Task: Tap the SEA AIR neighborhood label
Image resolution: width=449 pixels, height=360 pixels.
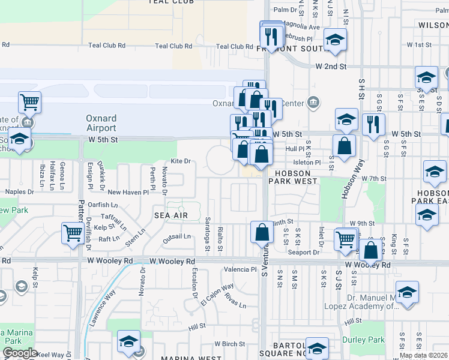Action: pyautogui.click(x=171, y=215)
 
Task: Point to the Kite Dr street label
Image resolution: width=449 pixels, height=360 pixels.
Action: pyautogui.click(x=180, y=161)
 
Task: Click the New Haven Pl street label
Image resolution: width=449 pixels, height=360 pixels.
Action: pyautogui.click(x=127, y=192)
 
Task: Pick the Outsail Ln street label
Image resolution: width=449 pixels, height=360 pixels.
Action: pyautogui.click(x=176, y=236)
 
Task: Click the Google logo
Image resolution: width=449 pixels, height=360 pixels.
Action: pyautogui.click(x=19, y=353)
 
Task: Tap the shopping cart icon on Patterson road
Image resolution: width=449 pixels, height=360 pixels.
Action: pyautogui.click(x=73, y=232)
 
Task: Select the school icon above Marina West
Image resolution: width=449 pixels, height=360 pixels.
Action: pyautogui.click(x=128, y=341)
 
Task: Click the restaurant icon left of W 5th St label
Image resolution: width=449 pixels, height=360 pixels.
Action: pyautogui.click(x=373, y=124)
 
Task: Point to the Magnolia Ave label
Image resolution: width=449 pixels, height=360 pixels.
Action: pyautogui.click(x=302, y=27)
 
